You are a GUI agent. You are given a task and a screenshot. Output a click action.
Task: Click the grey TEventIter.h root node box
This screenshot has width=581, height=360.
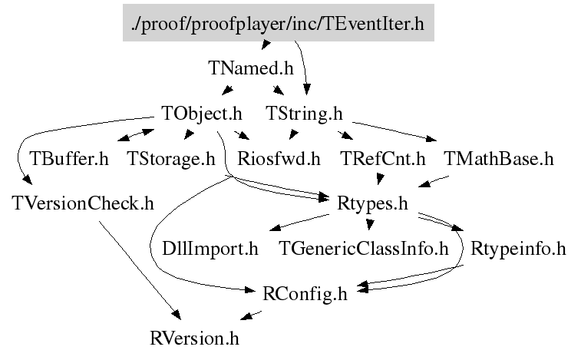tap(278, 22)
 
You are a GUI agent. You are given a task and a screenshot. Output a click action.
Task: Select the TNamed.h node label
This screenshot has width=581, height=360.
tap(251, 68)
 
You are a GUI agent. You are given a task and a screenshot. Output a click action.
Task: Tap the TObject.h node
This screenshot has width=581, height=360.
tap(202, 114)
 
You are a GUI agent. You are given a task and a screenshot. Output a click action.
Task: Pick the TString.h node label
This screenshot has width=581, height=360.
tap(304, 114)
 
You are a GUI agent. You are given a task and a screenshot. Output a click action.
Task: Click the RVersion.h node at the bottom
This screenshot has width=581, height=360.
tap(199, 337)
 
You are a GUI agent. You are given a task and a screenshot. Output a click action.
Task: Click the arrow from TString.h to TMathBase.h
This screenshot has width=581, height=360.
tap(391, 130)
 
